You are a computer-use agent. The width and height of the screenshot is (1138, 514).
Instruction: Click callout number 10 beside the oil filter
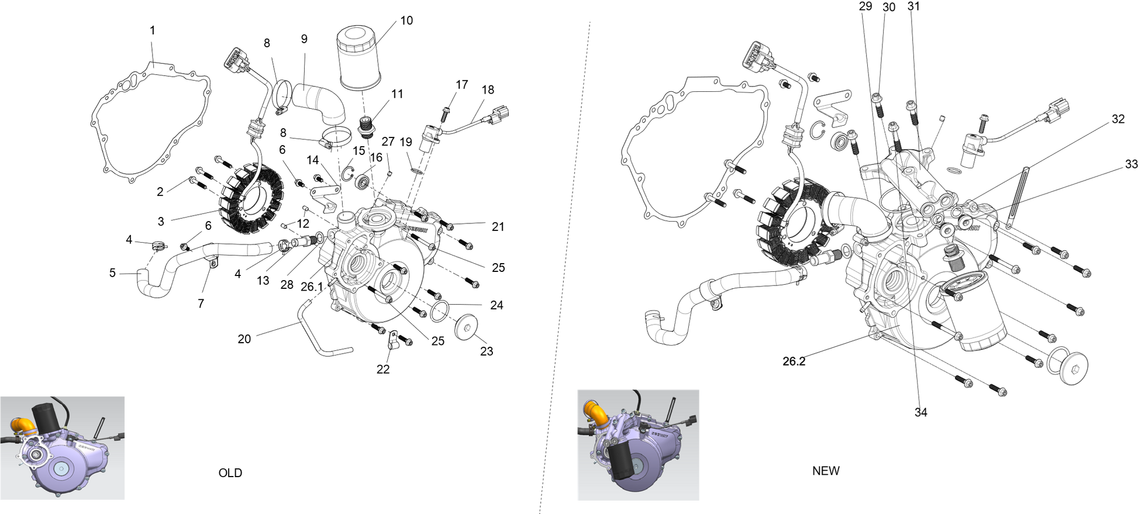point(406,20)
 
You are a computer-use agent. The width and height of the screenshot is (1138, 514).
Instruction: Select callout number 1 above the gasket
point(153,30)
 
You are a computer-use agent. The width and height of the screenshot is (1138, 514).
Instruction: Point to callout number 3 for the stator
point(161,221)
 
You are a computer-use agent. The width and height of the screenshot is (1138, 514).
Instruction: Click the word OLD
point(230,473)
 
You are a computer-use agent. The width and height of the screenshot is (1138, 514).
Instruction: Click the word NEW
point(826,471)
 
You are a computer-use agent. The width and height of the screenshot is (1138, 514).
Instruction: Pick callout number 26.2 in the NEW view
point(794,361)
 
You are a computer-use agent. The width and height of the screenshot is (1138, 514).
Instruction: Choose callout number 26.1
point(312,287)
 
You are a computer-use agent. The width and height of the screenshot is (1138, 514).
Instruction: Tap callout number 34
point(921,412)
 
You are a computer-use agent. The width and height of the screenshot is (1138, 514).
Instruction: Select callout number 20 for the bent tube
point(244,339)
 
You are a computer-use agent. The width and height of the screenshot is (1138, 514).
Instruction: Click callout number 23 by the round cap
point(487,351)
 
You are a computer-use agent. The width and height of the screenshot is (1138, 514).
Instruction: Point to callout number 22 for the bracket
point(383,369)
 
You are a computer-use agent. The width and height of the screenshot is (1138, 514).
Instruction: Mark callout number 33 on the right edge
point(1132,164)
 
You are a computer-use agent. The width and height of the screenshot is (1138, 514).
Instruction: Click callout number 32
point(1118,119)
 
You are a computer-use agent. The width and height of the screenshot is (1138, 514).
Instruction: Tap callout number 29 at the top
point(865,6)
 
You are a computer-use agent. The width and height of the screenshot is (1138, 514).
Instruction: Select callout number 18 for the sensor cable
point(488,89)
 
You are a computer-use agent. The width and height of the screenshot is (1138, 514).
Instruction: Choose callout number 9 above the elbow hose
point(304,39)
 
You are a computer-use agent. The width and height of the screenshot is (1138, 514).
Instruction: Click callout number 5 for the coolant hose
point(112,272)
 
